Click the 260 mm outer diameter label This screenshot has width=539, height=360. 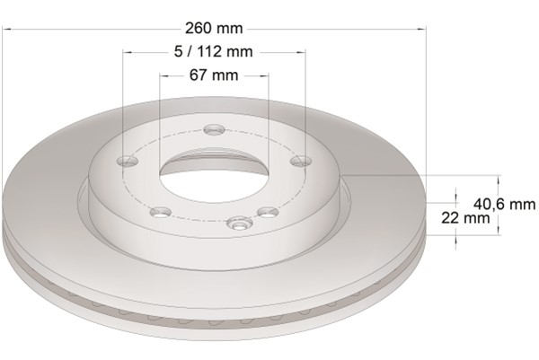[214, 28]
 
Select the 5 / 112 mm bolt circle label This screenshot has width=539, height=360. [213, 51]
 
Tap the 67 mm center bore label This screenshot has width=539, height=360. [214, 75]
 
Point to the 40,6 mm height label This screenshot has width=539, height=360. [504, 205]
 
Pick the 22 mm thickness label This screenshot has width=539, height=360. [465, 218]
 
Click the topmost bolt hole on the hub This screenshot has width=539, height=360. [214, 129]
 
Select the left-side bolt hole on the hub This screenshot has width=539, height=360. [128, 161]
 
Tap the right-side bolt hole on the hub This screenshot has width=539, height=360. [301, 161]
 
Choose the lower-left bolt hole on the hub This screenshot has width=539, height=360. [161, 212]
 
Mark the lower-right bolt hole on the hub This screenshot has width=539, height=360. [268, 212]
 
